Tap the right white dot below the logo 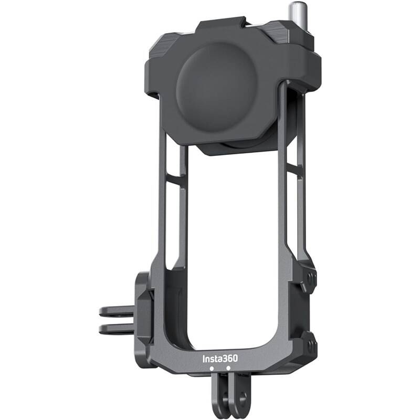pyautogui.click(x=228, y=369)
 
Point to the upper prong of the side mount pyautogui.click(x=115, y=311)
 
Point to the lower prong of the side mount pyautogui.click(x=115, y=329)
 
